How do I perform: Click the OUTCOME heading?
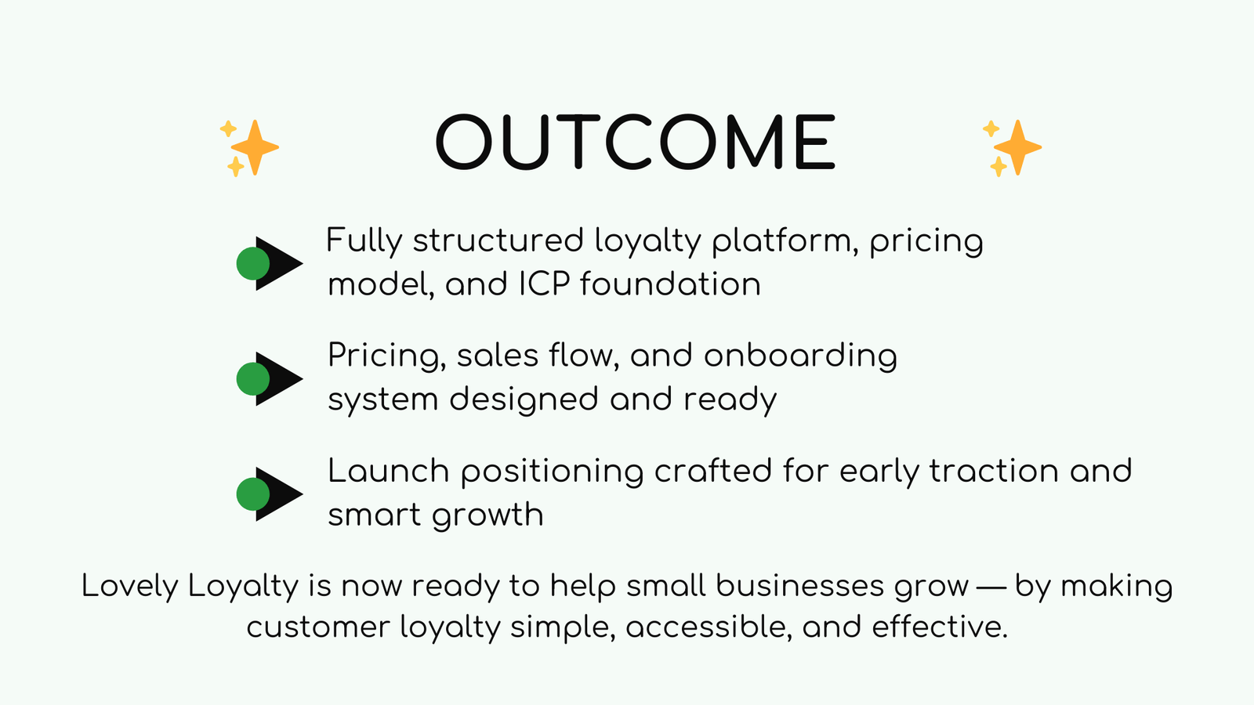(x=636, y=143)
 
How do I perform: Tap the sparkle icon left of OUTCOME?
(x=250, y=147)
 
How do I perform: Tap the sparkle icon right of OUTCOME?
(x=1013, y=147)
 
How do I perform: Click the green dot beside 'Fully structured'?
(x=253, y=263)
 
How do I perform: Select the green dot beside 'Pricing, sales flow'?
(x=253, y=379)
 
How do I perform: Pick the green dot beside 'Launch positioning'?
(x=253, y=494)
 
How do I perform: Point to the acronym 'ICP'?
(x=543, y=284)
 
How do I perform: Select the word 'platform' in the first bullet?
(x=784, y=241)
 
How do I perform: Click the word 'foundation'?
(x=670, y=284)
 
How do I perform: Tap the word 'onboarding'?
(x=800, y=356)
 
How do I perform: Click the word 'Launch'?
(x=388, y=472)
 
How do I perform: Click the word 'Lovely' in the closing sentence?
(x=129, y=586)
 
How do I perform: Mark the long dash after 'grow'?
(x=992, y=586)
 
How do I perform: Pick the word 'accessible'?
(x=709, y=627)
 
